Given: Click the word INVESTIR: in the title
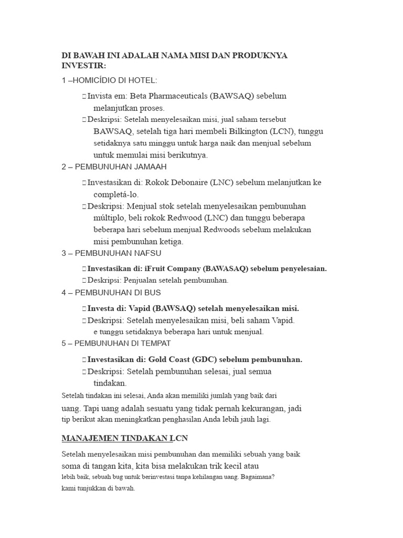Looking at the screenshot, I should (x=84, y=66).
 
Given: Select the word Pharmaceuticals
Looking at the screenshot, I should (x=179, y=96).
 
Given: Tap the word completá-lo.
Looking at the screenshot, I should (x=116, y=194).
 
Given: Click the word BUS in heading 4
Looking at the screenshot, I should (x=152, y=292).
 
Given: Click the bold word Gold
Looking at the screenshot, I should (x=158, y=359).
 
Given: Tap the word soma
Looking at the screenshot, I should (x=72, y=466).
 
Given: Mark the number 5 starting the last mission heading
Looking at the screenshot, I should (x=63, y=343).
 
